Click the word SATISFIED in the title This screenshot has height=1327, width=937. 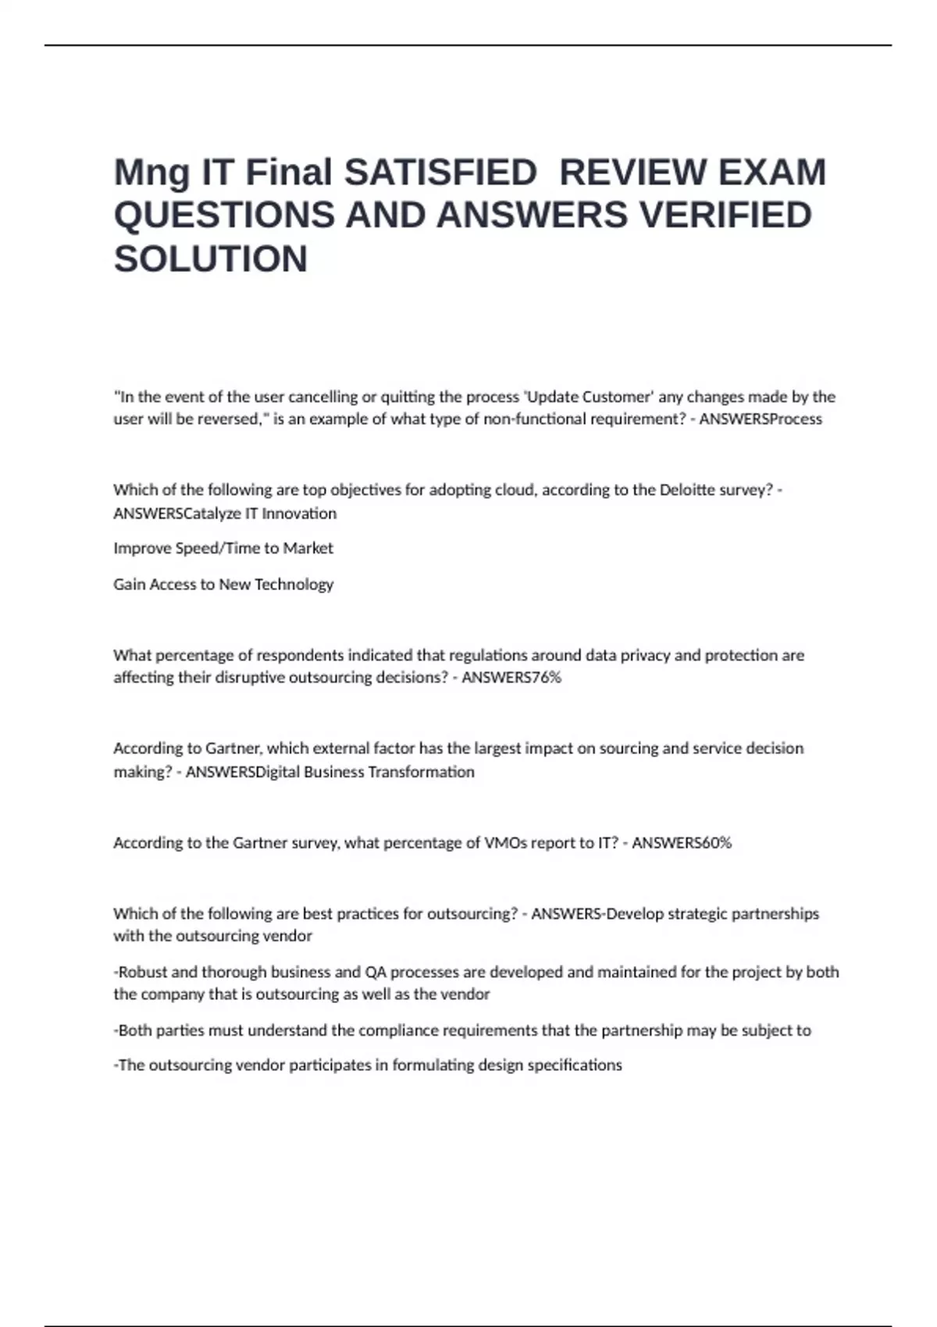(440, 173)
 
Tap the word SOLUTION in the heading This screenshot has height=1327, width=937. (211, 259)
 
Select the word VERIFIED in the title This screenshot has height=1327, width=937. (725, 215)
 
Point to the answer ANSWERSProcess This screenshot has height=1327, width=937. (761, 419)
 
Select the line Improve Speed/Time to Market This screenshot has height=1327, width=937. (223, 549)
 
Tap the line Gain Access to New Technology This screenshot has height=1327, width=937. (223, 585)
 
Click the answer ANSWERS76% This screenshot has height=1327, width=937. (511, 678)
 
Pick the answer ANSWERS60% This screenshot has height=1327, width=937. (682, 843)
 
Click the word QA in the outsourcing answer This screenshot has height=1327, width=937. (374, 973)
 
